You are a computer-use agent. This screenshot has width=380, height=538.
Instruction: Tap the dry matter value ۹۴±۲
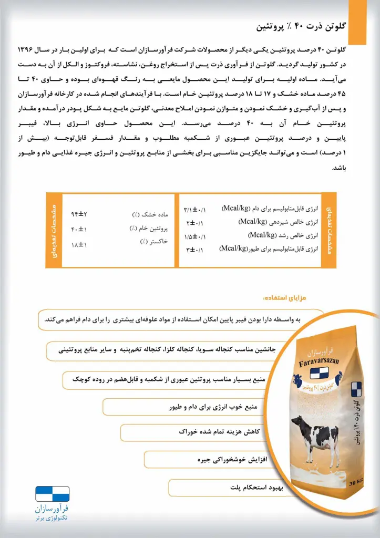(x=79, y=214)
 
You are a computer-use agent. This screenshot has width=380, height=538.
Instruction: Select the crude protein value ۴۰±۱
(x=78, y=229)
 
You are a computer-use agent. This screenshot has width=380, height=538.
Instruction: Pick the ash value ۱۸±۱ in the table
(x=78, y=244)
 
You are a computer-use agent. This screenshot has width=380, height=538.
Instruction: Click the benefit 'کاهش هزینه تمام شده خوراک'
(x=217, y=431)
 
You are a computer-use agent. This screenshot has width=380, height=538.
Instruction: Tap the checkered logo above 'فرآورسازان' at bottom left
(x=53, y=494)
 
